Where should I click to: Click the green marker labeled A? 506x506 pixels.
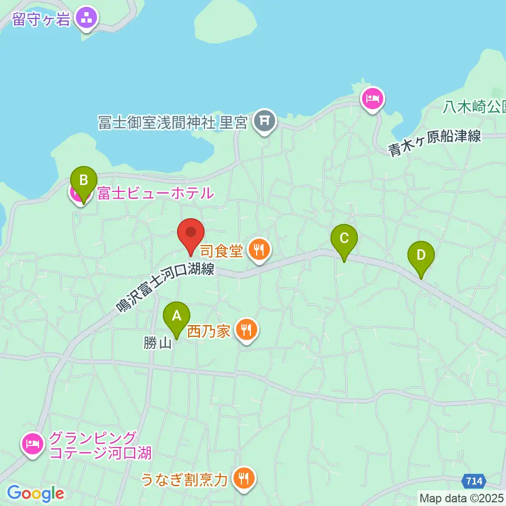click(x=177, y=317)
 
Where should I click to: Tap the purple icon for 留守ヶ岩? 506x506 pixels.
click(x=87, y=18)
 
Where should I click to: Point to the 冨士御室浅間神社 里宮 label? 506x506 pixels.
click(x=173, y=123)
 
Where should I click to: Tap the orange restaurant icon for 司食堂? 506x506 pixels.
click(x=258, y=250)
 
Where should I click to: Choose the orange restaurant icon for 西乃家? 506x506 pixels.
click(x=246, y=330)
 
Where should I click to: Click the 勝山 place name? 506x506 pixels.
click(x=158, y=344)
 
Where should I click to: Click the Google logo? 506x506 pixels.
click(x=35, y=494)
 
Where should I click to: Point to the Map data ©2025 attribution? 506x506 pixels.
click(x=461, y=497)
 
